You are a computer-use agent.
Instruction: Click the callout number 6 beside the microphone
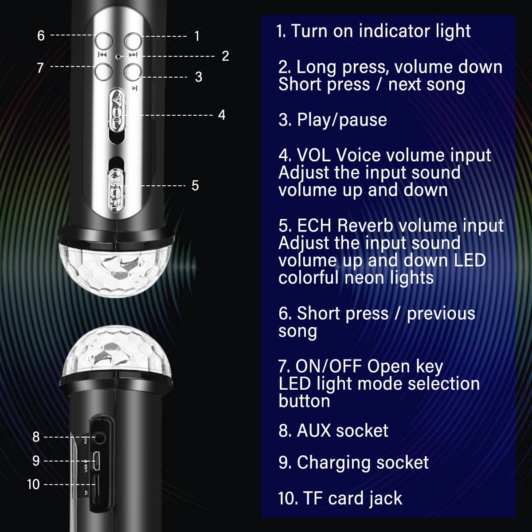(41, 36)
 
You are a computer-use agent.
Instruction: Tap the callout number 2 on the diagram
(226, 56)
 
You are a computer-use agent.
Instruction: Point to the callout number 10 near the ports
(33, 484)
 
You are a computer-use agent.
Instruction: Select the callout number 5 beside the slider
(195, 185)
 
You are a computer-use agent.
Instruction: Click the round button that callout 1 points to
(133, 41)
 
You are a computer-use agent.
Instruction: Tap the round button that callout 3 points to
(133, 72)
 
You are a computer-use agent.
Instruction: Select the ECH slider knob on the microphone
(116, 191)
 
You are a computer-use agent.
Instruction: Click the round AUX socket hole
(99, 438)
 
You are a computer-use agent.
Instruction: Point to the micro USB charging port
(96, 461)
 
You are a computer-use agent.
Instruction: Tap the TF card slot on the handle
(95, 489)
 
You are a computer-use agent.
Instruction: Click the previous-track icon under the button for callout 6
(102, 55)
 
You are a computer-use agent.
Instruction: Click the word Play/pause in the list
(342, 121)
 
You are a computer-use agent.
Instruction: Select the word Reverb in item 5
(365, 226)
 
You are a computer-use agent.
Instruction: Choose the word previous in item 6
(441, 314)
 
